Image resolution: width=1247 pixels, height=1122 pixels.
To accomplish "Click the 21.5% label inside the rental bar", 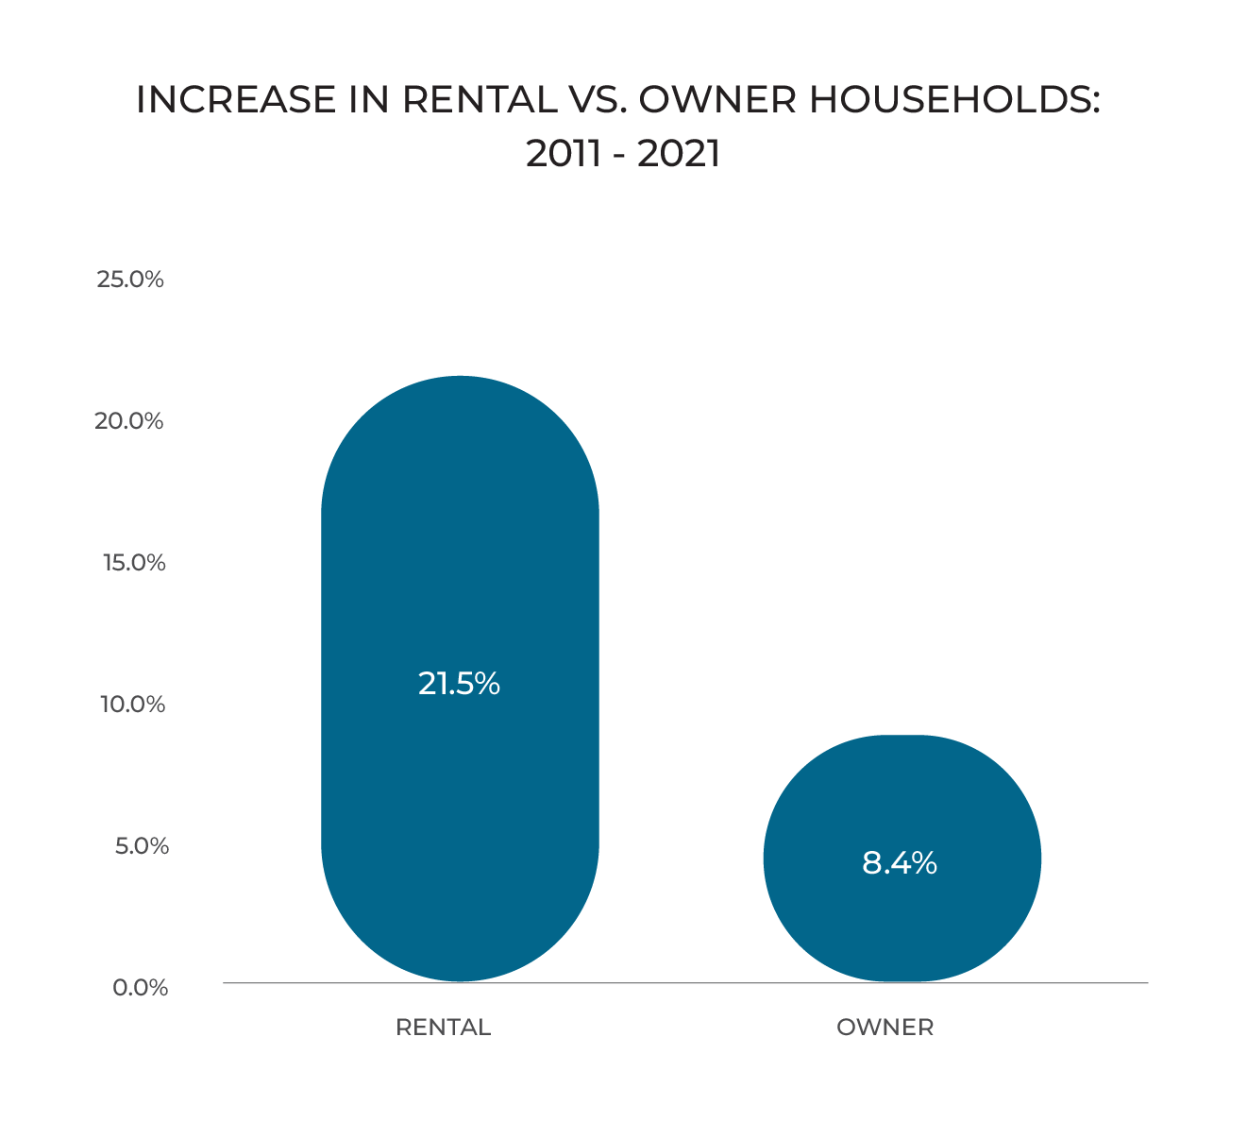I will [x=459, y=684].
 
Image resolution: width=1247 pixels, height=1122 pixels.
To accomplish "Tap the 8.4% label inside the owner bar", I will [x=899, y=863].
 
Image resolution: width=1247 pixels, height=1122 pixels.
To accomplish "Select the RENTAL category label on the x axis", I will [x=443, y=1028].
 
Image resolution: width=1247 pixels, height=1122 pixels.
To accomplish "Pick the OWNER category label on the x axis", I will [x=885, y=1028].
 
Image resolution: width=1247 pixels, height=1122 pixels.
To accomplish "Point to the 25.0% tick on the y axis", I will [x=130, y=280].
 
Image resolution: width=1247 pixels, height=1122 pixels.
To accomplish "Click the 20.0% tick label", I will [x=129, y=421].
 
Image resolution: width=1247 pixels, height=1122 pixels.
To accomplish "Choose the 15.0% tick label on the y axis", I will [x=134, y=563].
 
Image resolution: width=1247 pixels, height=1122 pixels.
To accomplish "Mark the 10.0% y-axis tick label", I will [x=133, y=705].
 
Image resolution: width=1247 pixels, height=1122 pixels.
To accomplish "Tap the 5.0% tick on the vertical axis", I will [x=142, y=846].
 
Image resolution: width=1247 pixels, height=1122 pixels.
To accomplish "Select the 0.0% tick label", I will [x=141, y=988].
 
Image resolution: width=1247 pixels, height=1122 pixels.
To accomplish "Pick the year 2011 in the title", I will [x=563, y=154].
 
